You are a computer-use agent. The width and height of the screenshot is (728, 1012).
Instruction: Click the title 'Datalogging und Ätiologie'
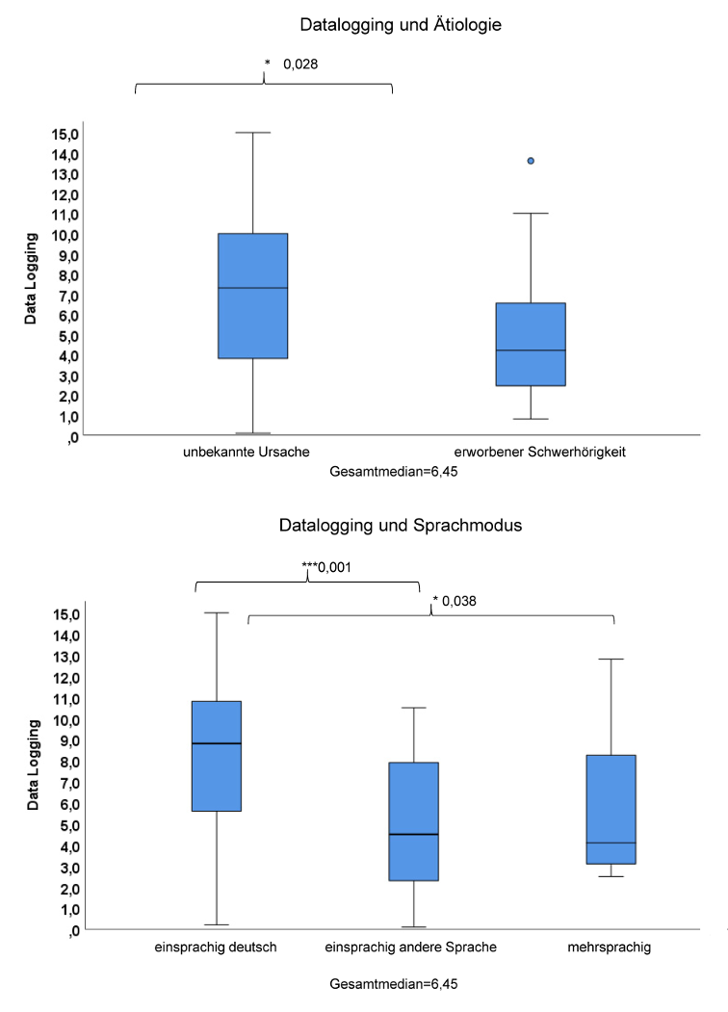(x=401, y=24)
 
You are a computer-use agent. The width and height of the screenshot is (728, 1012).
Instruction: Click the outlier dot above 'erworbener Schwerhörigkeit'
(x=531, y=161)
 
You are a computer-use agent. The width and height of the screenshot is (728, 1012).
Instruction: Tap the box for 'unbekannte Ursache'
(x=253, y=296)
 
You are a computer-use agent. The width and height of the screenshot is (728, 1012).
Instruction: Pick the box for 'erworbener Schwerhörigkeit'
(x=531, y=344)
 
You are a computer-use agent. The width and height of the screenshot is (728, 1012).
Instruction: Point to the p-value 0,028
(x=300, y=65)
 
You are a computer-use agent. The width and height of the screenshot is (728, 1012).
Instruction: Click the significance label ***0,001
(x=325, y=567)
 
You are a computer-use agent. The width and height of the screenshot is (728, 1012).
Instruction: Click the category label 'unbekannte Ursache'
(x=246, y=451)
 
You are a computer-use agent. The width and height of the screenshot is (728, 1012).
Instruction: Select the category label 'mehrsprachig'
(x=610, y=947)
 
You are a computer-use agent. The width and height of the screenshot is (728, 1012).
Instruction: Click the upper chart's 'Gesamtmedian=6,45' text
(x=385, y=474)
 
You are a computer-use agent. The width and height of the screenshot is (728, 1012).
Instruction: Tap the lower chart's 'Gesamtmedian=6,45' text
(x=385, y=985)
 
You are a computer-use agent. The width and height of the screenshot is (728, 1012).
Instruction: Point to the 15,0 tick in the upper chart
(x=66, y=133)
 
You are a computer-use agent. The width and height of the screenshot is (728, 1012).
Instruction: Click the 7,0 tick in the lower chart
(x=66, y=783)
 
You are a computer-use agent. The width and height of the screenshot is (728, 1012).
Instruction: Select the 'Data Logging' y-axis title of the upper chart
(x=33, y=278)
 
